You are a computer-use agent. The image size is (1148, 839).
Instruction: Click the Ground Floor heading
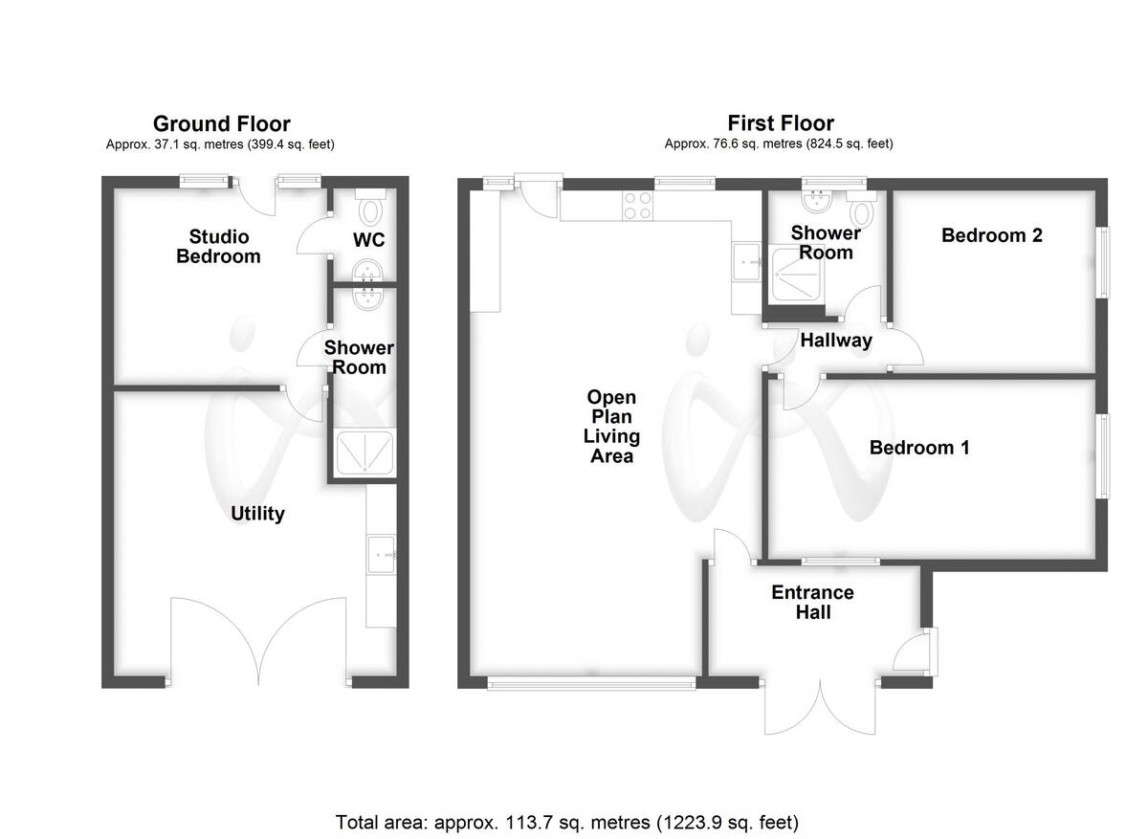click(221, 123)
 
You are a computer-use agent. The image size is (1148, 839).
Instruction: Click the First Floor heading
click(780, 122)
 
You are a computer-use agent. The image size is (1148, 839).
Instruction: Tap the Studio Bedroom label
click(218, 246)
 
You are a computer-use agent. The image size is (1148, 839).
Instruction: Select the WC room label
click(368, 240)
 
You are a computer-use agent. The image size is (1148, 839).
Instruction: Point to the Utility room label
click(257, 514)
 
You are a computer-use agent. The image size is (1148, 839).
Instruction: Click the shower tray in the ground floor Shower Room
click(364, 453)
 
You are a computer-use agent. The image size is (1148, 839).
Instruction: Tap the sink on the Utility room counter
click(382, 552)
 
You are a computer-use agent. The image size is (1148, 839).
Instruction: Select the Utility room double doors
click(258, 641)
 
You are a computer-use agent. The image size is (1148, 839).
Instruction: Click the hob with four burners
click(638, 205)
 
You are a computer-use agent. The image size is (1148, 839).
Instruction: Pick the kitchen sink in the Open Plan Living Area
click(745, 261)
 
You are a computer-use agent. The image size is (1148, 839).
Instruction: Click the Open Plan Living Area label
click(611, 427)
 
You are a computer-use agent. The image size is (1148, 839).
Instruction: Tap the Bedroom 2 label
click(991, 235)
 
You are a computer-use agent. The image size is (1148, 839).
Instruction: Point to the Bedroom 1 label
click(918, 447)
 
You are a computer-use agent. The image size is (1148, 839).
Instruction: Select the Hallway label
click(836, 340)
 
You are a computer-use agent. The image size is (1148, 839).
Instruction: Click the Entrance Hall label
click(812, 602)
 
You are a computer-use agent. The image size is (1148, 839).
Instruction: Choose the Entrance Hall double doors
click(821, 708)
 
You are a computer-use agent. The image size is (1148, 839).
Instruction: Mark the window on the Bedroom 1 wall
click(1103, 455)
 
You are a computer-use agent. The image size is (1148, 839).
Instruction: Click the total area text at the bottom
click(566, 821)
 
